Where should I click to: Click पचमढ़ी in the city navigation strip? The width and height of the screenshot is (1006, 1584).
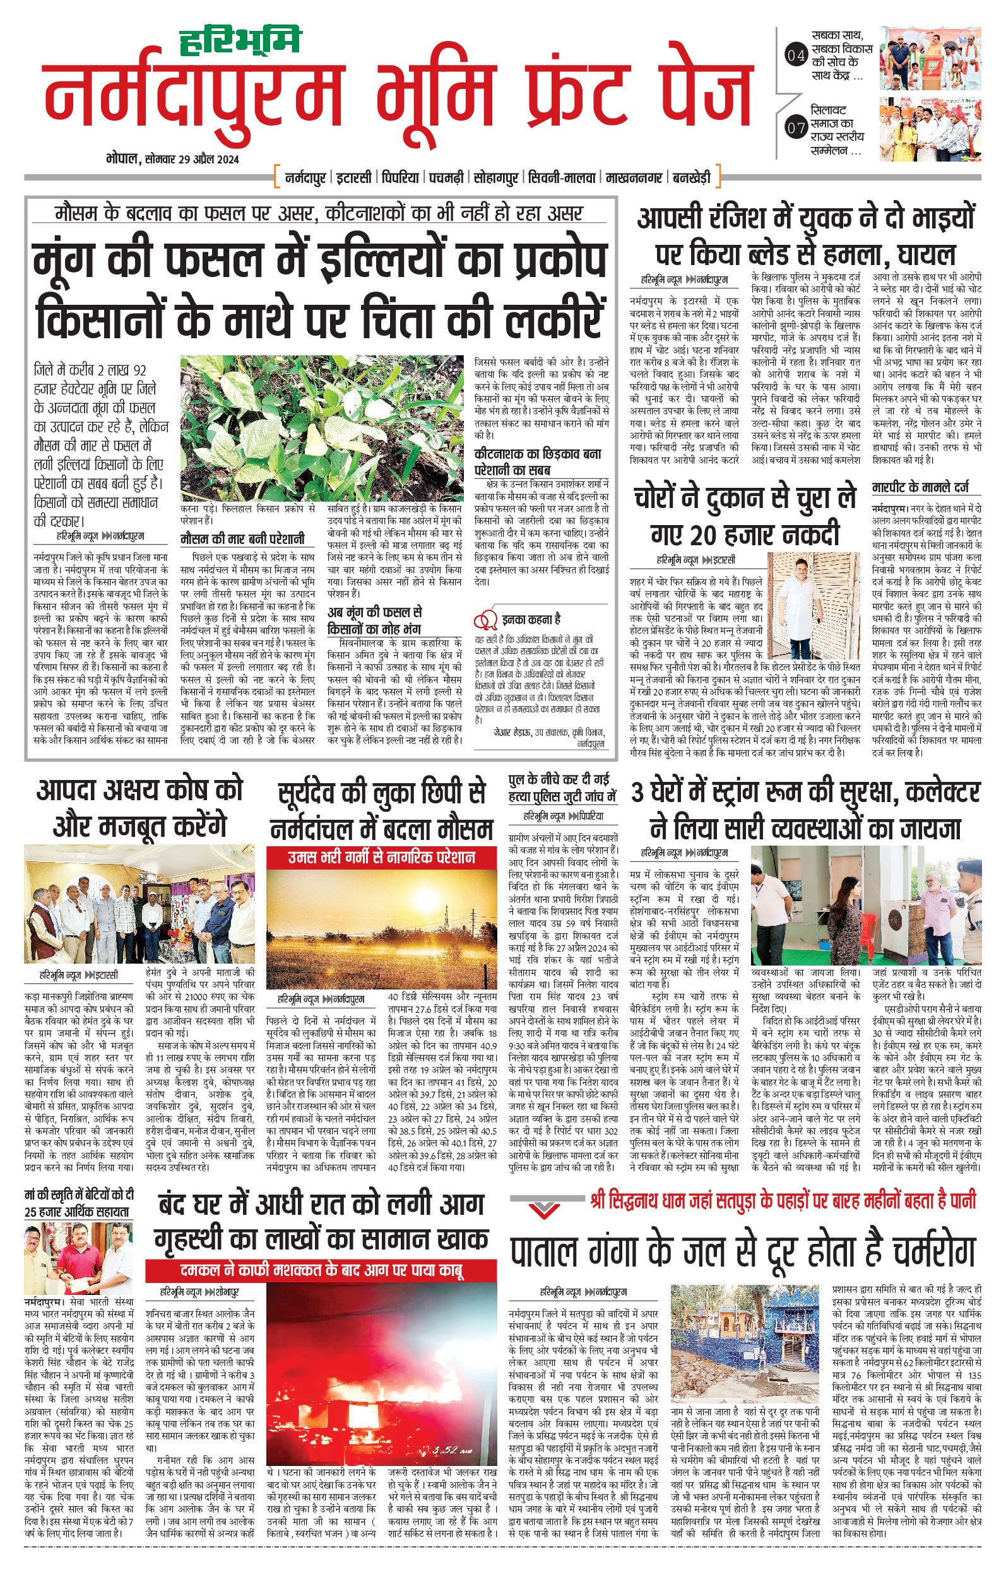446,177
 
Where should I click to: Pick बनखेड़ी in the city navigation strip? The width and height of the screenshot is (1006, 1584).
690,177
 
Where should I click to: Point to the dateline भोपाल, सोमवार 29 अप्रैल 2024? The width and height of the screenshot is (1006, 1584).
172,159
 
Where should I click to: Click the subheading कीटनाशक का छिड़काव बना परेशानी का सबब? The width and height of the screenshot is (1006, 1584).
538,462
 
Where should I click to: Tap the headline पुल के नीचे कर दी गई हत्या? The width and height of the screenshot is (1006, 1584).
562,788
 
